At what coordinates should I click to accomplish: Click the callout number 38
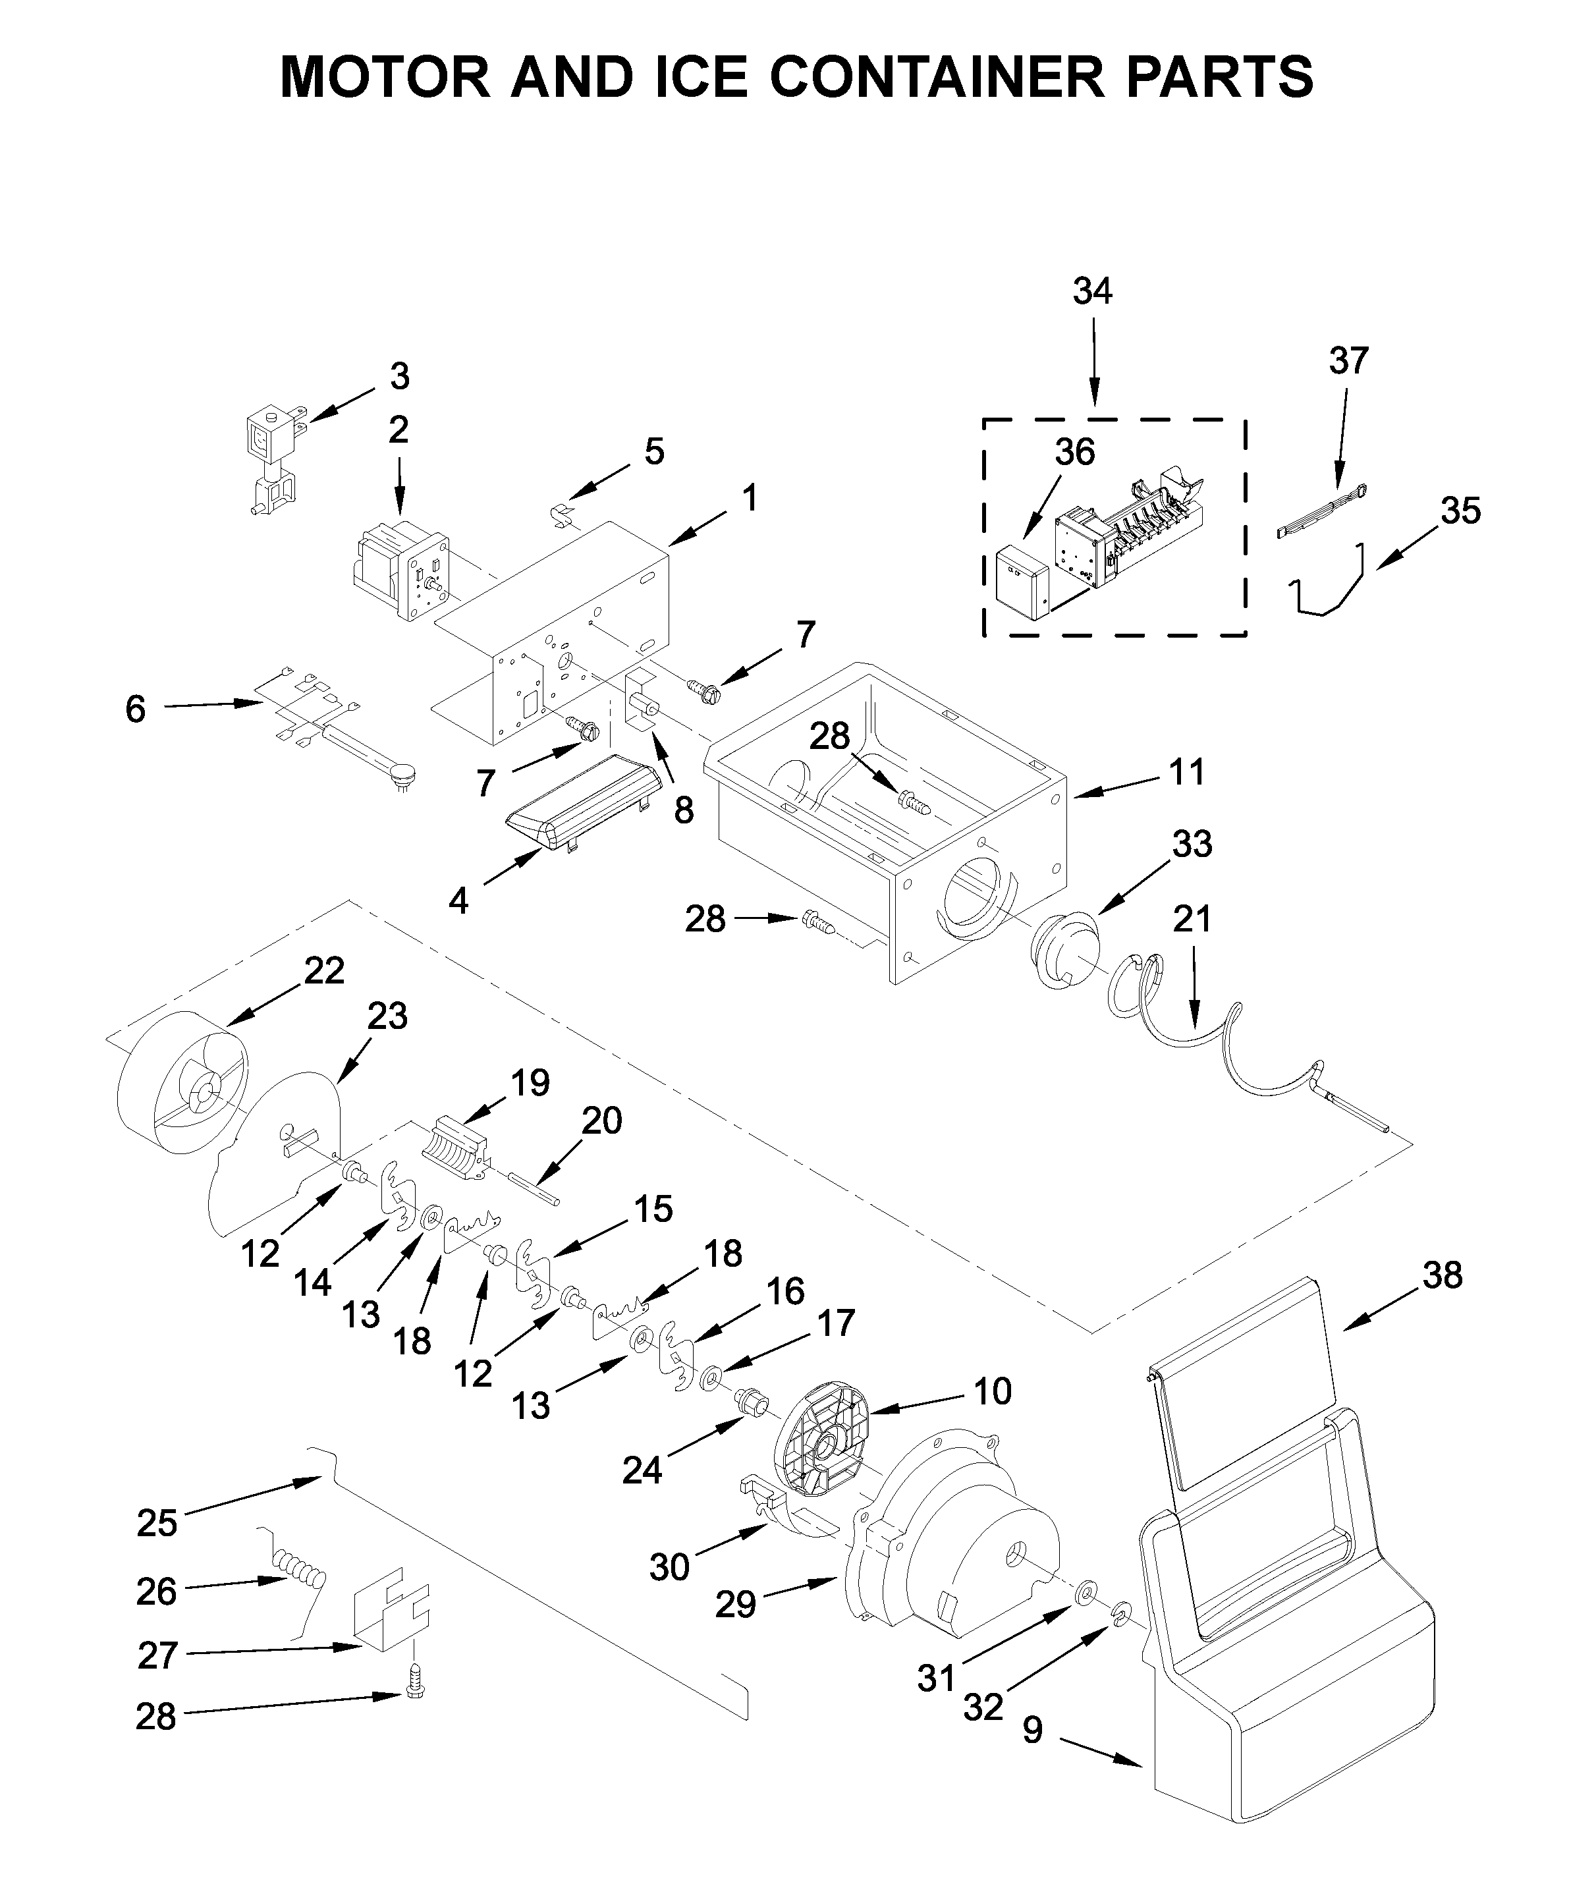click(x=1442, y=1274)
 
